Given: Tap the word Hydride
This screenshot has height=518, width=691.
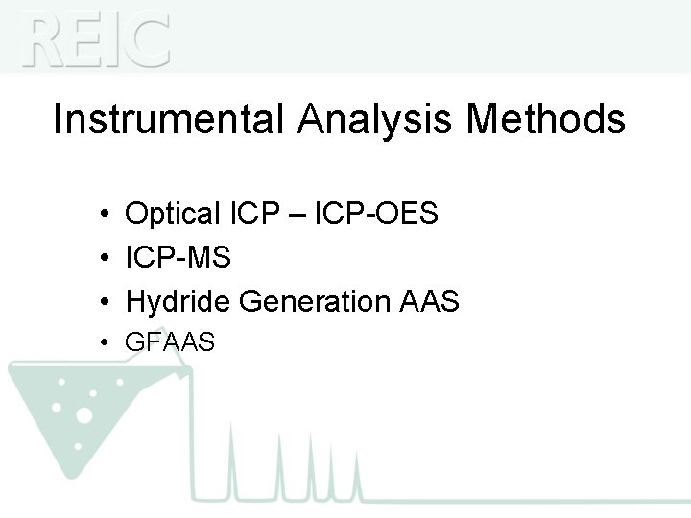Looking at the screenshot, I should coord(179,302).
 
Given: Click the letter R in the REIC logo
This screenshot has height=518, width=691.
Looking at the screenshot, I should coord(46,40).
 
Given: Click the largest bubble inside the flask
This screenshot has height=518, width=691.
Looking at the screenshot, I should coord(83,415).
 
